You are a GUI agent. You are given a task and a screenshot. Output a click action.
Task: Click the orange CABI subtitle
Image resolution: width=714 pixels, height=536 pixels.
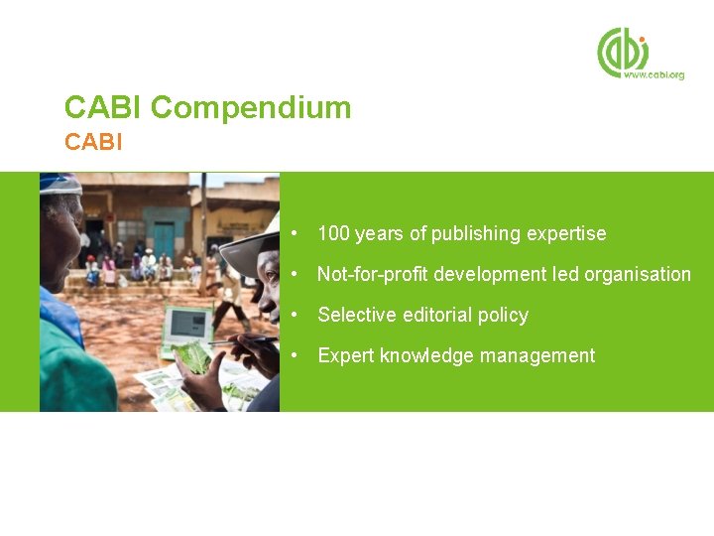(93, 142)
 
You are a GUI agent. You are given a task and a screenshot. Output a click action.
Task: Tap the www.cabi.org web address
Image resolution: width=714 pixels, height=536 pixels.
(654, 74)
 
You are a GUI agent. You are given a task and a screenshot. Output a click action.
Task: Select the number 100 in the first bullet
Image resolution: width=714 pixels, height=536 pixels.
(333, 234)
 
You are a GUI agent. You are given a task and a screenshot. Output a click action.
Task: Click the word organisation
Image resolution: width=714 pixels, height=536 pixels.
(637, 274)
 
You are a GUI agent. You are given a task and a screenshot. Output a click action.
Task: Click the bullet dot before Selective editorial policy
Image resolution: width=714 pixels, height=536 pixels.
(296, 315)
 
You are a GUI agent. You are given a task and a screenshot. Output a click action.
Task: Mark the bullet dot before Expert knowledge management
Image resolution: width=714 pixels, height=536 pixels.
(296, 355)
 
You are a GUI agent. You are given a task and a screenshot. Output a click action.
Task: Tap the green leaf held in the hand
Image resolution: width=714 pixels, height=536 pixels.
(194, 356)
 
